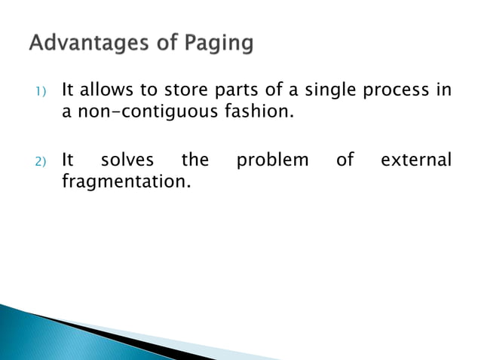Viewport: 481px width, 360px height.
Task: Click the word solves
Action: pos(127,160)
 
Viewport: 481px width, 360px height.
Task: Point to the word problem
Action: pos(272,160)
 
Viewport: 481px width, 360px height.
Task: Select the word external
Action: pos(416,160)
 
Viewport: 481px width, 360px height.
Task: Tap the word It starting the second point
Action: pos(67,160)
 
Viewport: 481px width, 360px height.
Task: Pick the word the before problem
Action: pos(195,160)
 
